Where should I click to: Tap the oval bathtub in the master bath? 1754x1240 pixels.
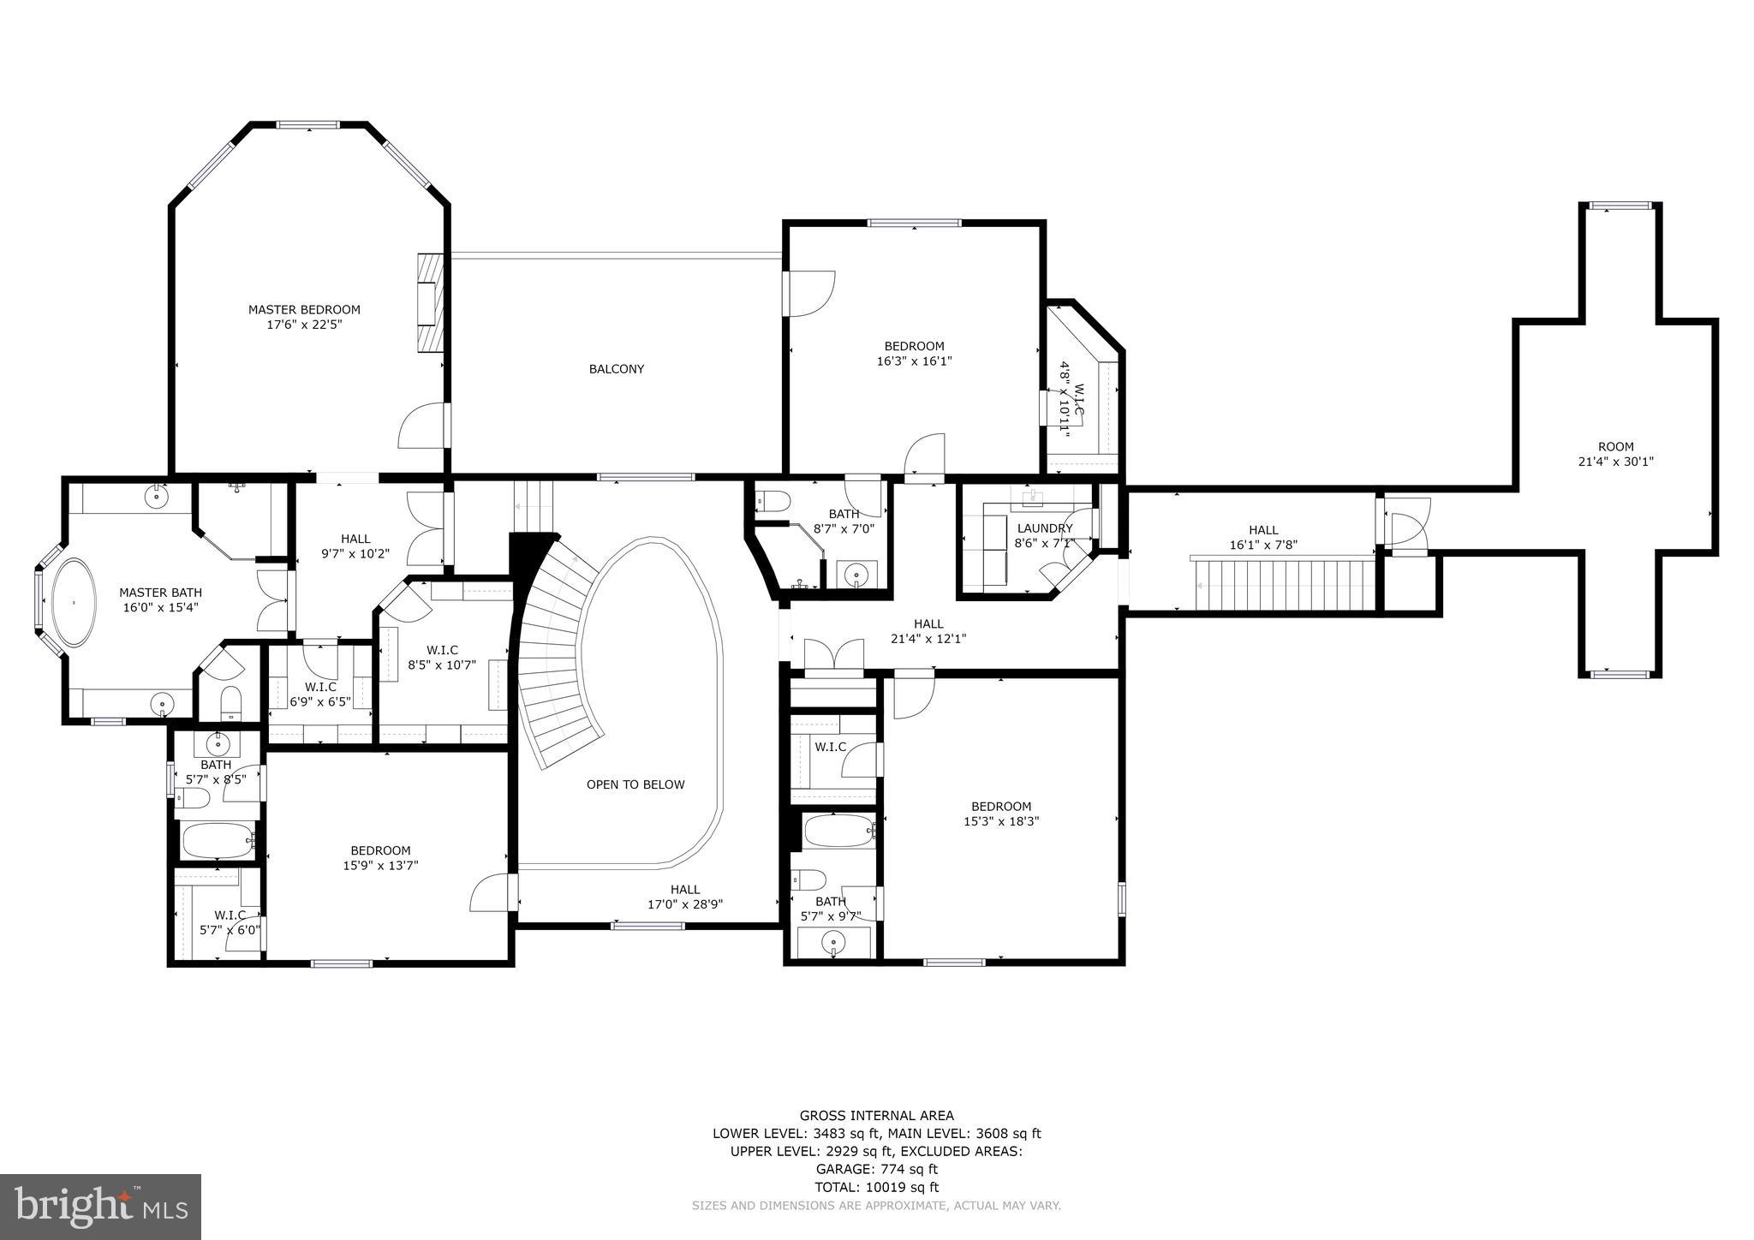coord(75,603)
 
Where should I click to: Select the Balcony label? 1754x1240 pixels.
coord(616,369)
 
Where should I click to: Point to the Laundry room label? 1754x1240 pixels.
coord(1044,528)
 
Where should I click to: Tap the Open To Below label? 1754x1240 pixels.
coord(635,784)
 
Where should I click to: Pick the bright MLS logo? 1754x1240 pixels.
coord(100,1207)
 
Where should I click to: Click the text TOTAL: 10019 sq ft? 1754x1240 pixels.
coord(876,1187)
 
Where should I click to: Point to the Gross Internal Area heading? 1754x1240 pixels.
coord(876,1115)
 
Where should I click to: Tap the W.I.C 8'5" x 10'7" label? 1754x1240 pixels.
coord(442,657)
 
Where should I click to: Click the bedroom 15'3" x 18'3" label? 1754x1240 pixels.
coord(1001,814)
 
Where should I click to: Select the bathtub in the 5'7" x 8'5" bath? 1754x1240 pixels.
coord(216,841)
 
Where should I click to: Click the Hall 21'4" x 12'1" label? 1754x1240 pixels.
coord(928,631)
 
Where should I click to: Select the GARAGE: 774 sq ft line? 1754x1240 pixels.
coord(876,1169)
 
